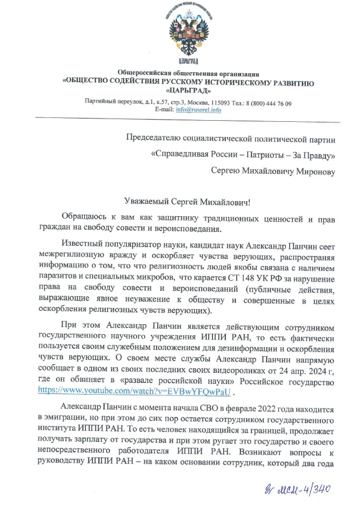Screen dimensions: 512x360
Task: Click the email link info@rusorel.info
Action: tap(198, 110)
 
